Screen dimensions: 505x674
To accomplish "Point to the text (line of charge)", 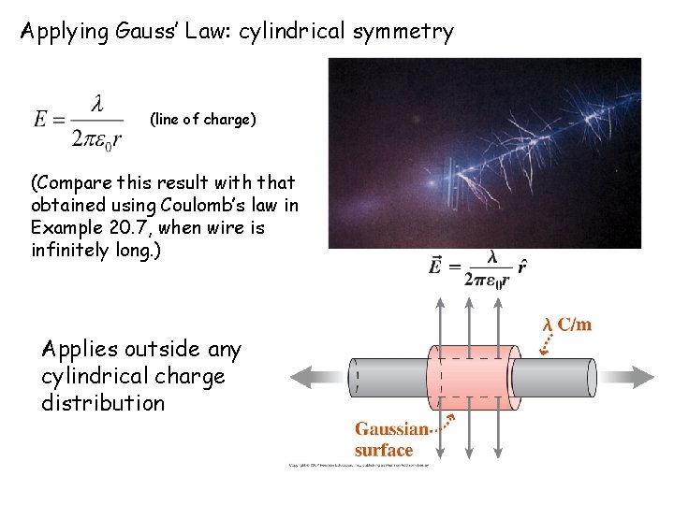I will [x=202, y=120].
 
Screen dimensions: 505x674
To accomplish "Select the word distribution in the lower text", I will [x=103, y=403].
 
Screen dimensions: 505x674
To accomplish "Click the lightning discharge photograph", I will [x=484, y=152].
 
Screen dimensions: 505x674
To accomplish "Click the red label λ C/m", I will [x=567, y=325].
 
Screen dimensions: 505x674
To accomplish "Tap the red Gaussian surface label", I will [x=389, y=440].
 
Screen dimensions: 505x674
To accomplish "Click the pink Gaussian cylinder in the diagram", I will [x=473, y=377].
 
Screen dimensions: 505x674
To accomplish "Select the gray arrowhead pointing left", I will [x=305, y=378].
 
